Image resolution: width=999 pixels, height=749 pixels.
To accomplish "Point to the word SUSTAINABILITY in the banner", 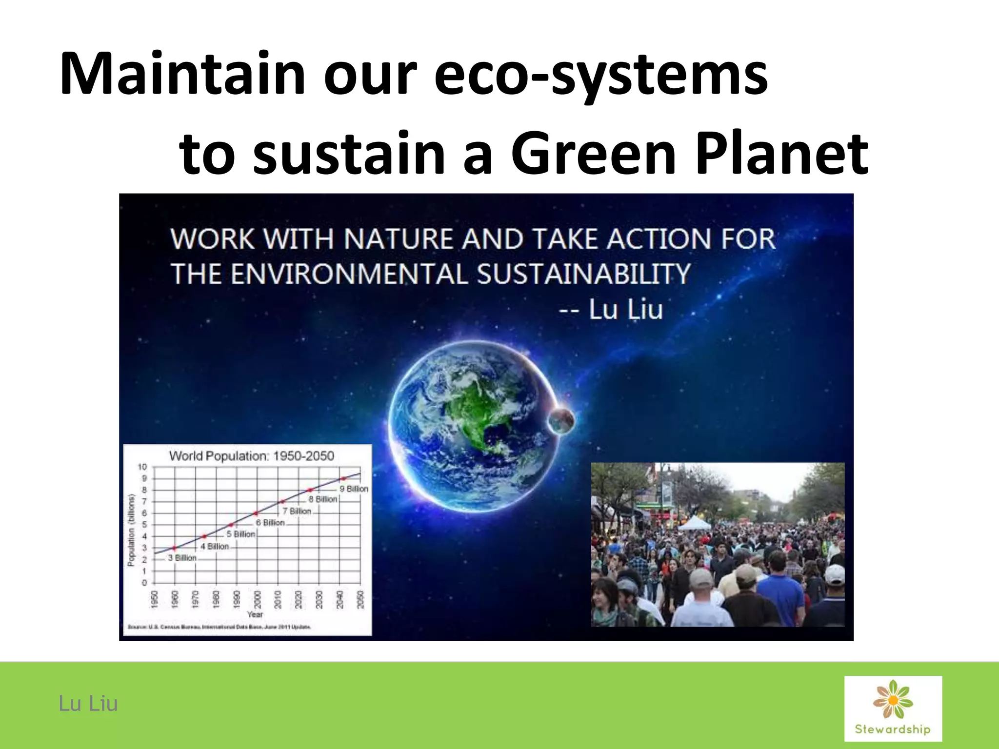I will tap(583, 274).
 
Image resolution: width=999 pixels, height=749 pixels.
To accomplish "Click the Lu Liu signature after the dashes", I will tap(626, 310).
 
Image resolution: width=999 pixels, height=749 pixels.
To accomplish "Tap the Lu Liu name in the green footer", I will tap(88, 704).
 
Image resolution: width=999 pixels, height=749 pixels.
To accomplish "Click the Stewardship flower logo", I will tap(893, 708).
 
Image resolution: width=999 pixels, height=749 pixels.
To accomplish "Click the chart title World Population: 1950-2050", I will tap(251, 456).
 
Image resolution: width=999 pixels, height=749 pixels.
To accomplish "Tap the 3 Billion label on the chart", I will tap(182, 558).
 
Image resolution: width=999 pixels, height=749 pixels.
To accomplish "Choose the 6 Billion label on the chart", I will tap(270, 522).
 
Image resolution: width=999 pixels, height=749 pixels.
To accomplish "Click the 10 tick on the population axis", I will tap(142, 467).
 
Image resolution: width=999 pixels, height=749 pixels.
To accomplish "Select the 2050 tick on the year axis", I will tap(360, 599).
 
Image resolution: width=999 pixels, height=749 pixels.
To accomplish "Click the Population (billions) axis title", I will tap(131, 530).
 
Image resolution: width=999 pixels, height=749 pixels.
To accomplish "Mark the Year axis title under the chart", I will tap(255, 614).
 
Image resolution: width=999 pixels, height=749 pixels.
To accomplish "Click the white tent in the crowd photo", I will tap(695, 524).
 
